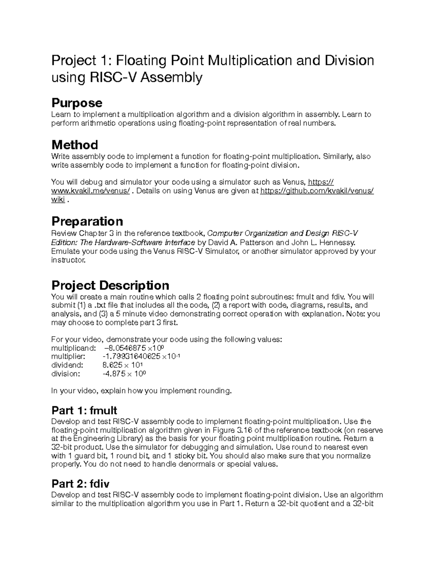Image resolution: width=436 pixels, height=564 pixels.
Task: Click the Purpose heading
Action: point(77,103)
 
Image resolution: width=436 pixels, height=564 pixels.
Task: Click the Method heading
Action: point(74,145)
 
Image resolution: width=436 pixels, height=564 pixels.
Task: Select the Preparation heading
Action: point(87,221)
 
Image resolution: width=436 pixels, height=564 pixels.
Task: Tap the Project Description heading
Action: point(110,285)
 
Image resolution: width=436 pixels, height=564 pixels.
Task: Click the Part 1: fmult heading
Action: point(84,410)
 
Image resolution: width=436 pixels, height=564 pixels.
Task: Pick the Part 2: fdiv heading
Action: point(80,484)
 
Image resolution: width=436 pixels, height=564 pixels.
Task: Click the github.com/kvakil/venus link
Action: point(317,191)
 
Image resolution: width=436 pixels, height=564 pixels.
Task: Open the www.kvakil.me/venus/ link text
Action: point(90,191)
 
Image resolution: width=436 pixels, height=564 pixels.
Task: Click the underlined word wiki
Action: point(58,199)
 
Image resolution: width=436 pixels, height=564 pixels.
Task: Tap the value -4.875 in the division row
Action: point(114,374)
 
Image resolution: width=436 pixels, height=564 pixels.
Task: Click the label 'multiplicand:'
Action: point(73,348)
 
